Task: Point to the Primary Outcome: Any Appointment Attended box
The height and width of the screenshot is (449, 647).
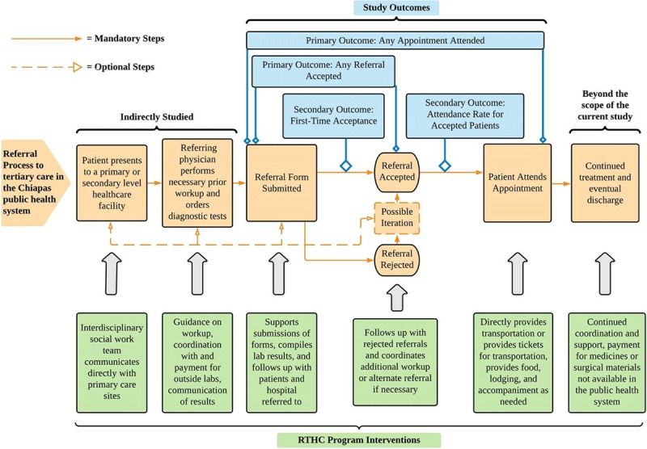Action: (x=395, y=40)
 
